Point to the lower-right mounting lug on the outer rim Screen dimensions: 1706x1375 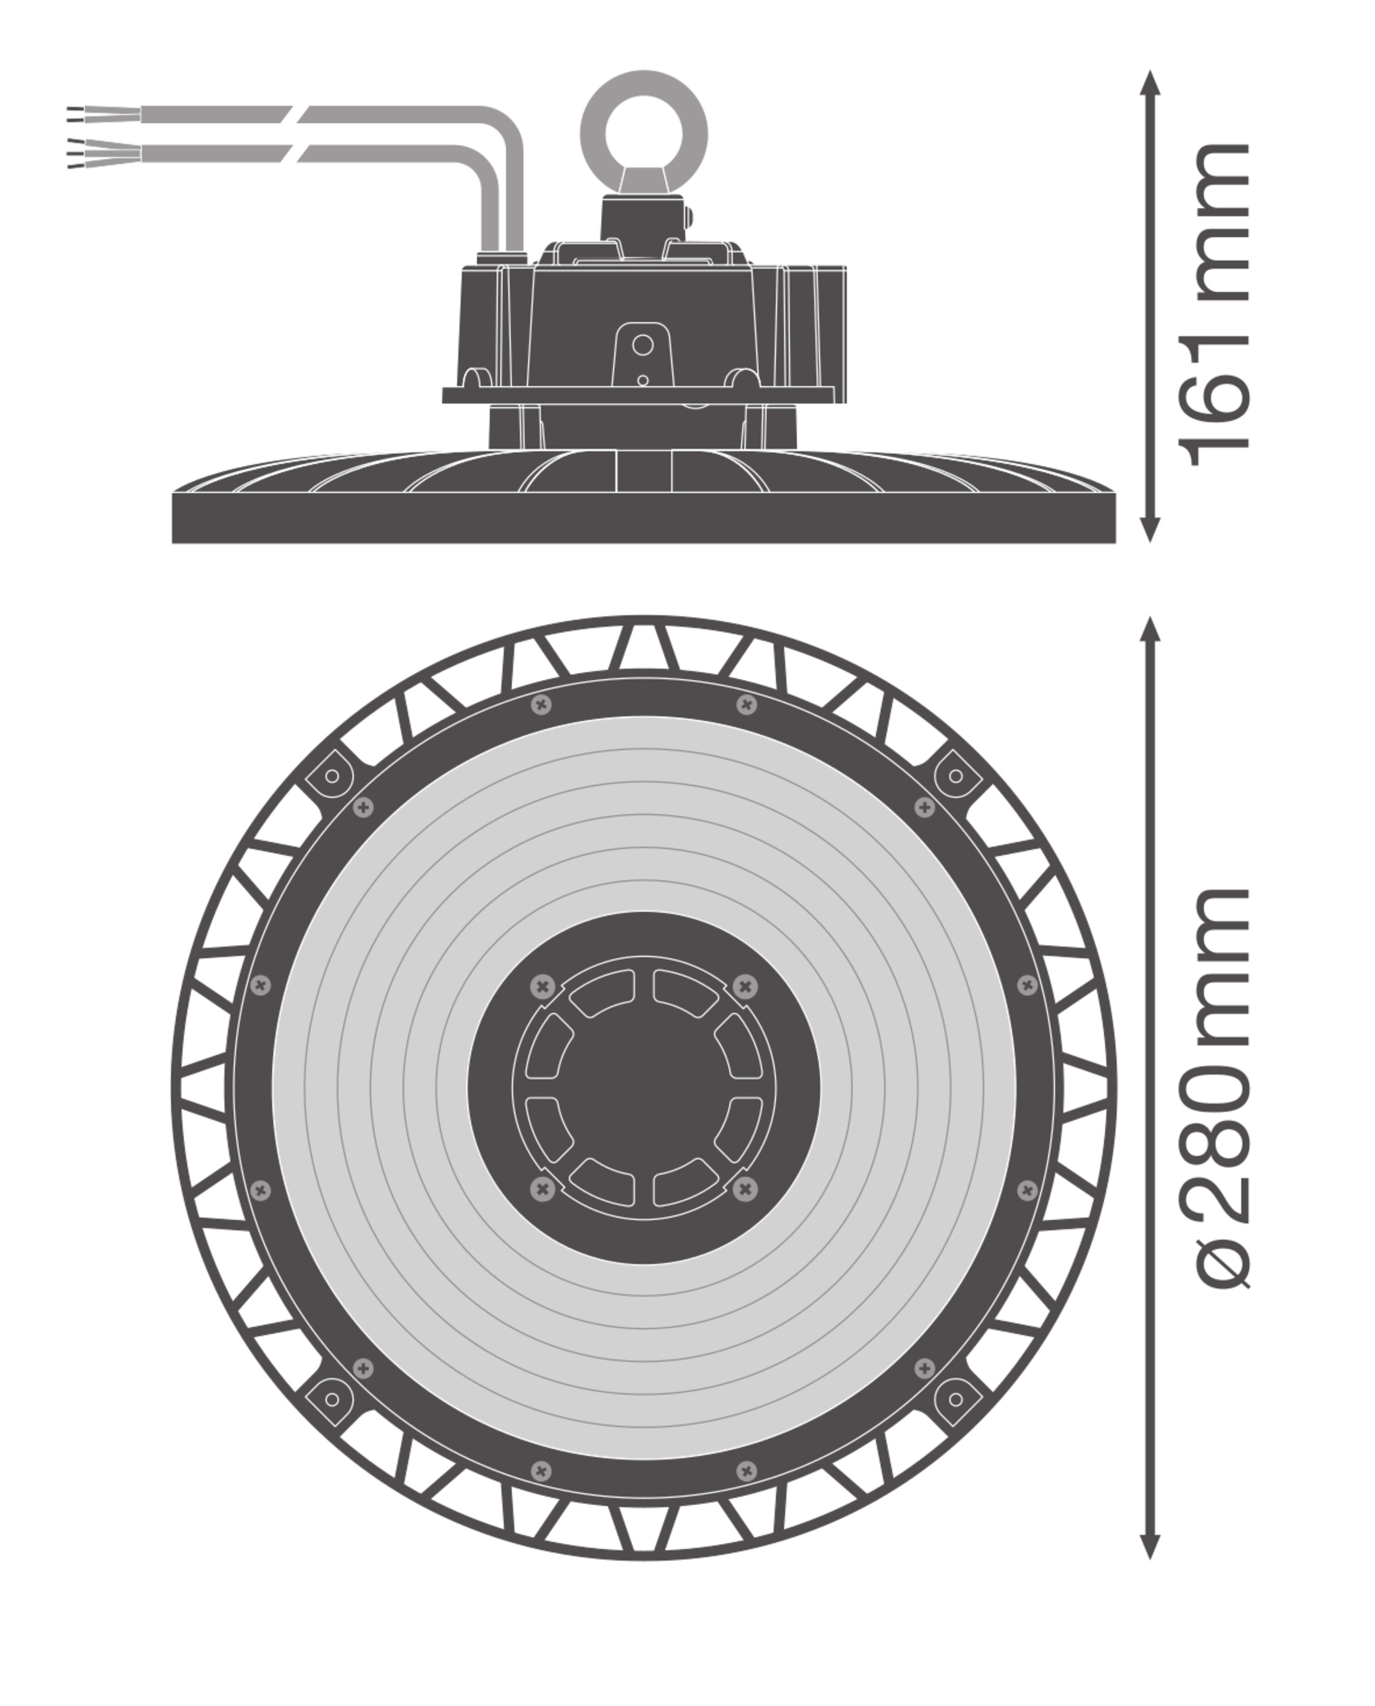click(955, 1399)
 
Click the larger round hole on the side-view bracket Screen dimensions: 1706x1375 click(643, 345)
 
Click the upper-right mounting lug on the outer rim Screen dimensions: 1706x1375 click(955, 776)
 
